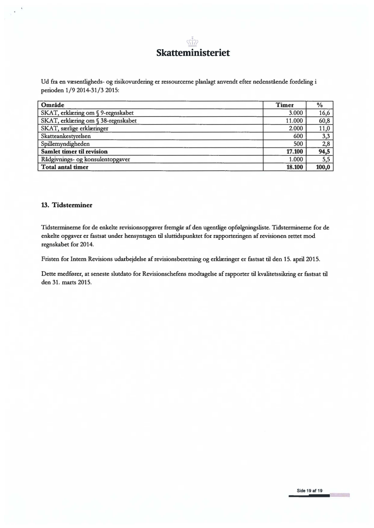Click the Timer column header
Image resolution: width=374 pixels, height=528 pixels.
(285, 104)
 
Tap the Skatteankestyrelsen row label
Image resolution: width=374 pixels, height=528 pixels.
(66, 136)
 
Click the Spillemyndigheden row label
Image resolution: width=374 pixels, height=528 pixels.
(64, 144)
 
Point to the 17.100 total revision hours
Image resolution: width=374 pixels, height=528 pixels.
(295, 151)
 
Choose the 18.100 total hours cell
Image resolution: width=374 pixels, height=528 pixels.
(295, 167)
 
